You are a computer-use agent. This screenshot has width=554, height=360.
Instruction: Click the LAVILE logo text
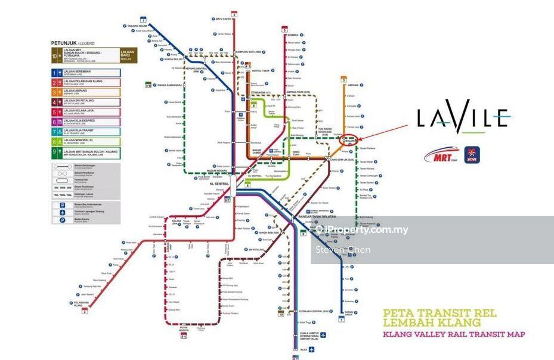[463, 117]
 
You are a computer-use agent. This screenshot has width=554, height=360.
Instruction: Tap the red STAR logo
[472, 155]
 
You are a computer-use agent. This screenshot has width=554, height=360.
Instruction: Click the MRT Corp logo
[442, 155]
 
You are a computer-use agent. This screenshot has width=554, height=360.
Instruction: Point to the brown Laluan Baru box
[128, 55]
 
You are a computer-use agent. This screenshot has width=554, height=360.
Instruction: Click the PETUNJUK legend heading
[72, 44]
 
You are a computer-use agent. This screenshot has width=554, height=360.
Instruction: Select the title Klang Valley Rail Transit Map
[453, 334]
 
